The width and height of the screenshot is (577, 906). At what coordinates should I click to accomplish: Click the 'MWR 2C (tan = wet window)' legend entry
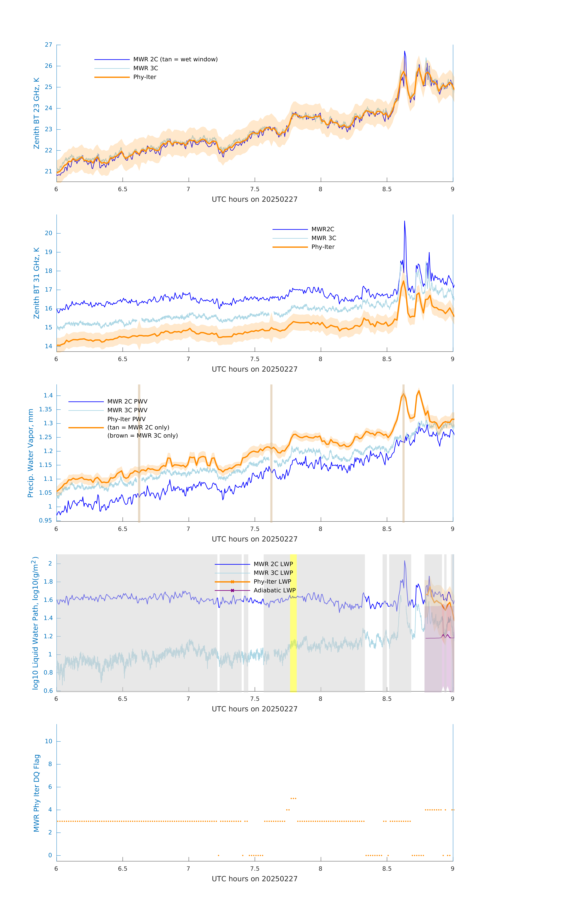(175, 59)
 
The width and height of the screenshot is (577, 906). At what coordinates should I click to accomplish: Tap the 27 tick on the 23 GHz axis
(48, 45)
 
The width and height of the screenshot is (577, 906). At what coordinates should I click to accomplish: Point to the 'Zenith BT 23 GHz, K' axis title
(37, 113)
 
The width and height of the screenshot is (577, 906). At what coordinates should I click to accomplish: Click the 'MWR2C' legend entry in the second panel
(323, 229)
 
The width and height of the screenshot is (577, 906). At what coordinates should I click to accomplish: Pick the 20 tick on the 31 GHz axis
(48, 233)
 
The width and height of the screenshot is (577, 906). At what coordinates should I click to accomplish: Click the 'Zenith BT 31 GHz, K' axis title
(37, 283)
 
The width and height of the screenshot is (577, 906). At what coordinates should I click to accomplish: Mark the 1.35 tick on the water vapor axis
(46, 409)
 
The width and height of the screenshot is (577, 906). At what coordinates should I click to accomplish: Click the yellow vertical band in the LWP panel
(293, 623)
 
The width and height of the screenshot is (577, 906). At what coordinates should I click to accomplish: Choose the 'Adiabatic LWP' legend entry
(274, 590)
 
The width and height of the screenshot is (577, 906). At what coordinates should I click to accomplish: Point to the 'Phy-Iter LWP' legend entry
(272, 582)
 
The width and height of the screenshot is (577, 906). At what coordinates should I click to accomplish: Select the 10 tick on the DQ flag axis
(48, 741)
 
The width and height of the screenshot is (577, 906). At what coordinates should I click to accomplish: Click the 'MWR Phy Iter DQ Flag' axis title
(37, 793)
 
